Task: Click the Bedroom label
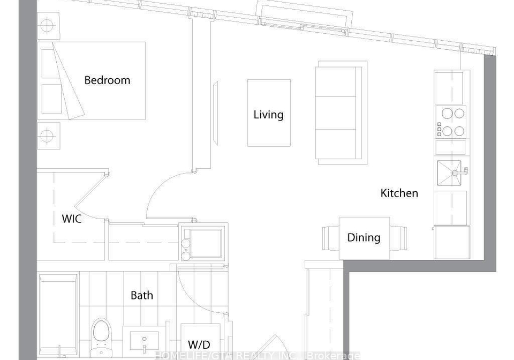click(x=107, y=80)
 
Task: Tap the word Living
click(x=268, y=115)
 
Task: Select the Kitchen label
click(x=399, y=193)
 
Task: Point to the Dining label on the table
click(x=364, y=238)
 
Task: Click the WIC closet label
click(x=72, y=219)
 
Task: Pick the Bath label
click(x=141, y=295)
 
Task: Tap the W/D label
click(x=199, y=345)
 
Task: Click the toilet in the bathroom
click(x=101, y=337)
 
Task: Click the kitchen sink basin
click(x=449, y=173)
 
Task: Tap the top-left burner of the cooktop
click(x=447, y=114)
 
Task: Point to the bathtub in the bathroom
click(x=58, y=316)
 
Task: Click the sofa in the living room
click(x=341, y=112)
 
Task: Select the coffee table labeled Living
click(x=269, y=113)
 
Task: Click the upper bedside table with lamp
click(x=49, y=26)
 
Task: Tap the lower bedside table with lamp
click(x=49, y=136)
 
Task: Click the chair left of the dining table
click(x=330, y=238)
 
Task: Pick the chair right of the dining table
click(x=398, y=238)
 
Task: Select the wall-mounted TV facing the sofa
click(x=215, y=113)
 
